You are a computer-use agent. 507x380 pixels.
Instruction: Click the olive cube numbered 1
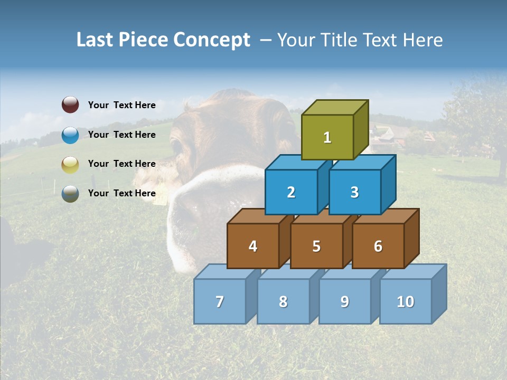click(327, 137)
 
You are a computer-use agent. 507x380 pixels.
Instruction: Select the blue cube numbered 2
click(291, 192)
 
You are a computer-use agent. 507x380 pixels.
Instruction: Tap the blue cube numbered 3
click(354, 192)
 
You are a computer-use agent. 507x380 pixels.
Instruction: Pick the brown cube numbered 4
click(253, 246)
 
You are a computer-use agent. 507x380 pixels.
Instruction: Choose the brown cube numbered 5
click(316, 246)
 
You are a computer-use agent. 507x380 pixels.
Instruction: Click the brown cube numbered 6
click(378, 246)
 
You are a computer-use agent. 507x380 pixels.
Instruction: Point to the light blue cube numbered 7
click(220, 301)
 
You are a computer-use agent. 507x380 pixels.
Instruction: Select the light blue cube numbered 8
click(283, 301)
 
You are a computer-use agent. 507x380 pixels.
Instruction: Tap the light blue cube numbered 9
click(345, 301)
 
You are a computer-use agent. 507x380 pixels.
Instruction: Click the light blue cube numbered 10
click(406, 301)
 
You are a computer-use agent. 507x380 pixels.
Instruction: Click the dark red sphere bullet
click(70, 105)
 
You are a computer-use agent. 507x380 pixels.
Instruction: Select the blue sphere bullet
click(70, 135)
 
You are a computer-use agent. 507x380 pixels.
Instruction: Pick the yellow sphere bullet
click(70, 165)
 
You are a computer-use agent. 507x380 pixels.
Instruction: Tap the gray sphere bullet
click(70, 194)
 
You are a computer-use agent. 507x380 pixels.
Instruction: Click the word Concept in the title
click(212, 40)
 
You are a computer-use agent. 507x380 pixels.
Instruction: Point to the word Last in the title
click(97, 40)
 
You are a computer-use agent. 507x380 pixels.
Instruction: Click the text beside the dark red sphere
click(122, 105)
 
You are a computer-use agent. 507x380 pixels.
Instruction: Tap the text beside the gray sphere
click(122, 193)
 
